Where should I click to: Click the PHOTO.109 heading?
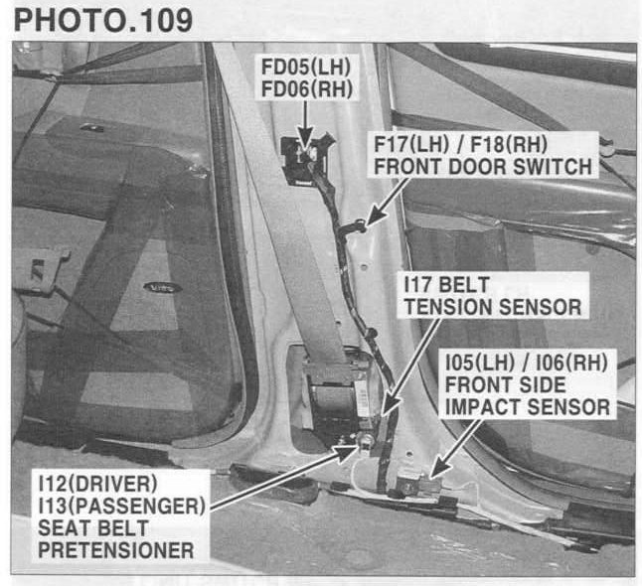tap(103, 20)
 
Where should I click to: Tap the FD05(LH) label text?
tap(306, 68)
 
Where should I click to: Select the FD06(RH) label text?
tap(307, 89)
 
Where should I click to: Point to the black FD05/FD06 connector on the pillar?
tap(305, 161)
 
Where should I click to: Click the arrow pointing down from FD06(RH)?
tap(305, 125)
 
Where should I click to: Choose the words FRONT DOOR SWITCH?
tap(483, 167)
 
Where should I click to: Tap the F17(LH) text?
tap(411, 144)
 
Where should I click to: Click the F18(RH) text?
tap(509, 144)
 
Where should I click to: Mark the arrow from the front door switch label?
tap(388, 202)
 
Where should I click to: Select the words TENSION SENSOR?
tap(493, 307)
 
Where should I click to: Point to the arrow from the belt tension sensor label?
tap(410, 366)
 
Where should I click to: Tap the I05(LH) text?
tap(480, 363)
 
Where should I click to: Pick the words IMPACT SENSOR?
tap(528, 407)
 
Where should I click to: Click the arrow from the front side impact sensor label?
tap(456, 449)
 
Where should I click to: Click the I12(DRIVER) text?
tap(97, 484)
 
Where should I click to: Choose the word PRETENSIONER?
tap(116, 550)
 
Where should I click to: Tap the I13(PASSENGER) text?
tap(121, 506)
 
